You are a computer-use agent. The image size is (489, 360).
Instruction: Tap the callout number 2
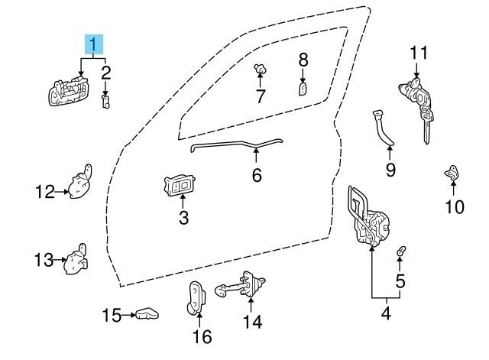point(106,73)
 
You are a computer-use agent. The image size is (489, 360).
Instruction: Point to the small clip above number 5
point(401,252)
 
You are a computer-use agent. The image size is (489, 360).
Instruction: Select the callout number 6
point(257,175)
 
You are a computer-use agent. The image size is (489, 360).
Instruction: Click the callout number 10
point(455,206)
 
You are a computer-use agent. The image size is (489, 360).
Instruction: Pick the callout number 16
point(202,336)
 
